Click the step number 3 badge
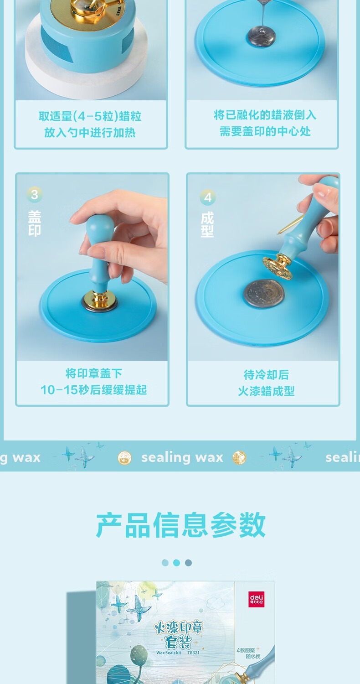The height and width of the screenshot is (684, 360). coord(35,195)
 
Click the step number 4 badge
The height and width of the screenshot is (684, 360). coord(208,197)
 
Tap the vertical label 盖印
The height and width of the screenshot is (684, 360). coord(35,223)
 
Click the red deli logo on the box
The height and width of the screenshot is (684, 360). coord(257,599)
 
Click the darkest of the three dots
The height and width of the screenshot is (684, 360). coord(188,563)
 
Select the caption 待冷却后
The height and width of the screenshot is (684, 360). coord(266,375)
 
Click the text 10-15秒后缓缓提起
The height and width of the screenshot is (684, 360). coord(93,389)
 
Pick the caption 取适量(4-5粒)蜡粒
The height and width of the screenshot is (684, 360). coord(90,116)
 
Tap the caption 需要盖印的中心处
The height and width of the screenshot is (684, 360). coord(265,131)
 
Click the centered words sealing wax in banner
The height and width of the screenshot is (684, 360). coord(182,457)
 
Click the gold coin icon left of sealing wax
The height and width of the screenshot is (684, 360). coord(124,458)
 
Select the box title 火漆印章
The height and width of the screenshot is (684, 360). coord(179,628)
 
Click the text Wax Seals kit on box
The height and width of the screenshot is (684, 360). coord(169,653)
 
